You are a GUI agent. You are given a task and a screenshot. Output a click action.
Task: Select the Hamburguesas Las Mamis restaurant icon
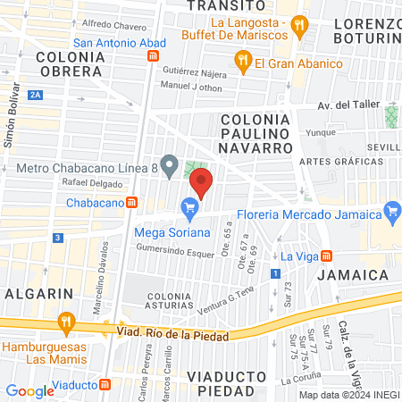point(64,322)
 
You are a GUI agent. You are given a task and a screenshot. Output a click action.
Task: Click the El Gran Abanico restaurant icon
point(242,62)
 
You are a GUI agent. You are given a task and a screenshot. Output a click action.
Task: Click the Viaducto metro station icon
point(105,385)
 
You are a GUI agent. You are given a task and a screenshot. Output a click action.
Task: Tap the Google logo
point(29,390)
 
